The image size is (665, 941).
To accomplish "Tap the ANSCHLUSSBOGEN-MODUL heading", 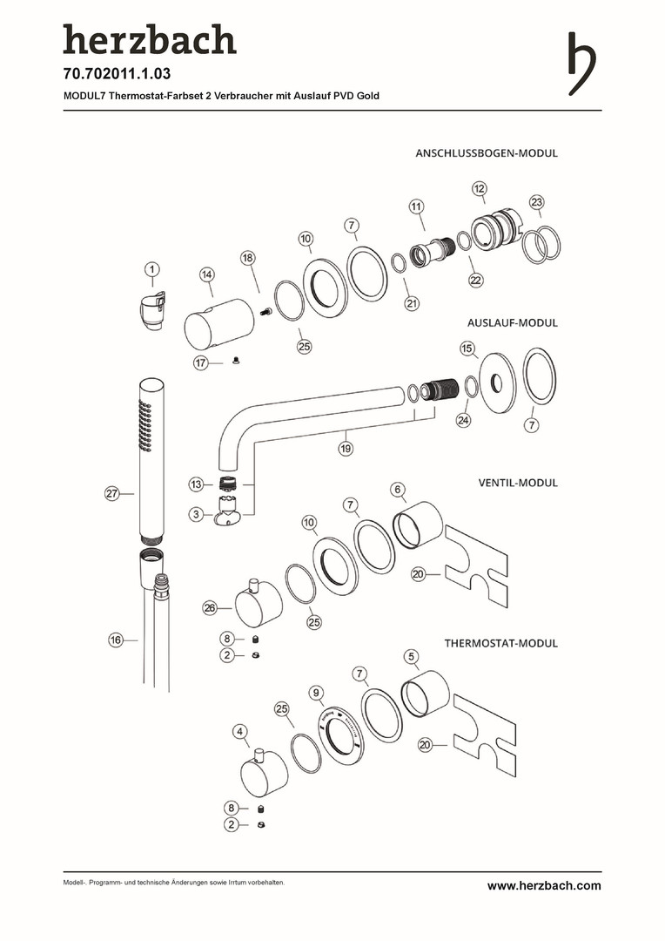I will tap(487, 153).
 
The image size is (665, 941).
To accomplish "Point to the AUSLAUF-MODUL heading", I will tap(513, 322).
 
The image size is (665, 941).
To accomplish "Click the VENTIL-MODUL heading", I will tap(518, 483).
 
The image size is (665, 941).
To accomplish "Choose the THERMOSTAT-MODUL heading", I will tap(500, 643).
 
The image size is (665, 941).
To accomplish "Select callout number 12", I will tap(480, 188).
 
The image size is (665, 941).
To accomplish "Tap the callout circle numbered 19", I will tap(346, 449).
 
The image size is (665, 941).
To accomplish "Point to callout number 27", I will tap(112, 494).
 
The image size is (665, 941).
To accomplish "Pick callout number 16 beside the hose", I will tap(116, 640).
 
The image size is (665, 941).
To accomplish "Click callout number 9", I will tap(317, 692).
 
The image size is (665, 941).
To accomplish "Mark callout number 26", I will tap(210, 608).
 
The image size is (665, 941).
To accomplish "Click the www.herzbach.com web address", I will tap(544, 885).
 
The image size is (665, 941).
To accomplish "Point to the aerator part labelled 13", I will tap(230, 484).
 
